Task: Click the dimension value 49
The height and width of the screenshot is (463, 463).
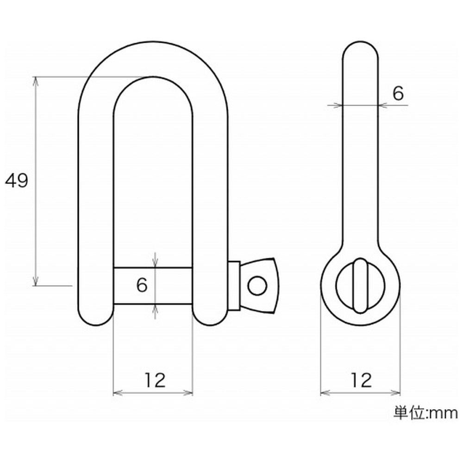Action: coord(17,181)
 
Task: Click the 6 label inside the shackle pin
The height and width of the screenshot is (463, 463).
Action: coord(142,285)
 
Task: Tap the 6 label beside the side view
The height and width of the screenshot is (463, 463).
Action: coord(398,94)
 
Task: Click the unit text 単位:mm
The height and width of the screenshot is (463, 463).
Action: coord(425,413)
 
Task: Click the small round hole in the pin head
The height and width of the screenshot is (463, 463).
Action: coord(257,286)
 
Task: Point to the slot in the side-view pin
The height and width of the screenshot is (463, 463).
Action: coord(360,286)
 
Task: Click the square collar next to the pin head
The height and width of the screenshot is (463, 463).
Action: coord(234,286)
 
